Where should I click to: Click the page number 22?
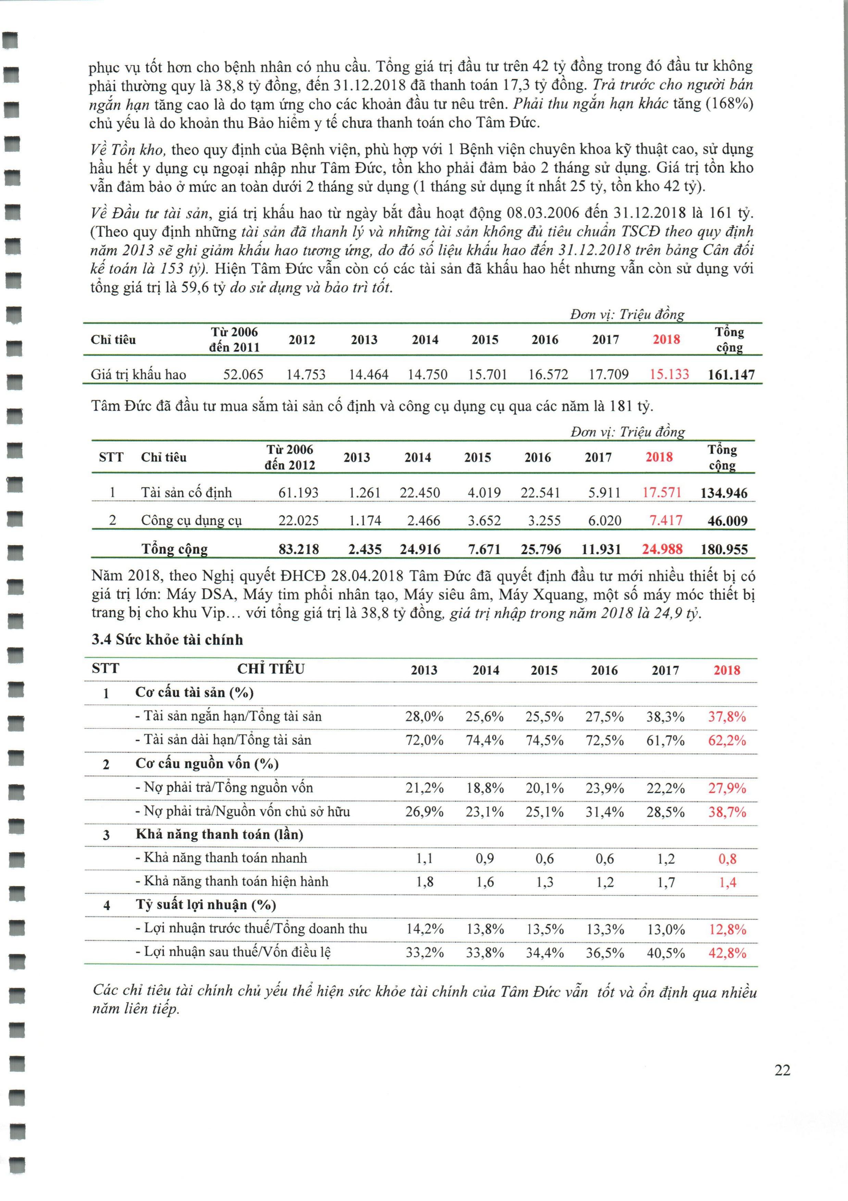point(782,1070)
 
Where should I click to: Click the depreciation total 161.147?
point(731,375)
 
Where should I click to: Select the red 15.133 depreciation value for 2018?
point(669,375)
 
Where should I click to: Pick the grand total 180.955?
point(724,549)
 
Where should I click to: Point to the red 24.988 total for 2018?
point(662,549)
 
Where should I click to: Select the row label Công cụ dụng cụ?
point(192,520)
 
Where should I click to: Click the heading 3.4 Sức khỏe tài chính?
point(168,640)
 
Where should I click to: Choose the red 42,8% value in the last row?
point(727,953)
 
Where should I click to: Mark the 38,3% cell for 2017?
point(665,716)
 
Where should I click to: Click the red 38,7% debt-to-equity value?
point(727,812)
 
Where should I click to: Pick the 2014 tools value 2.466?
point(420,520)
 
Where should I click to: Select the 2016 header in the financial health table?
point(604,670)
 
